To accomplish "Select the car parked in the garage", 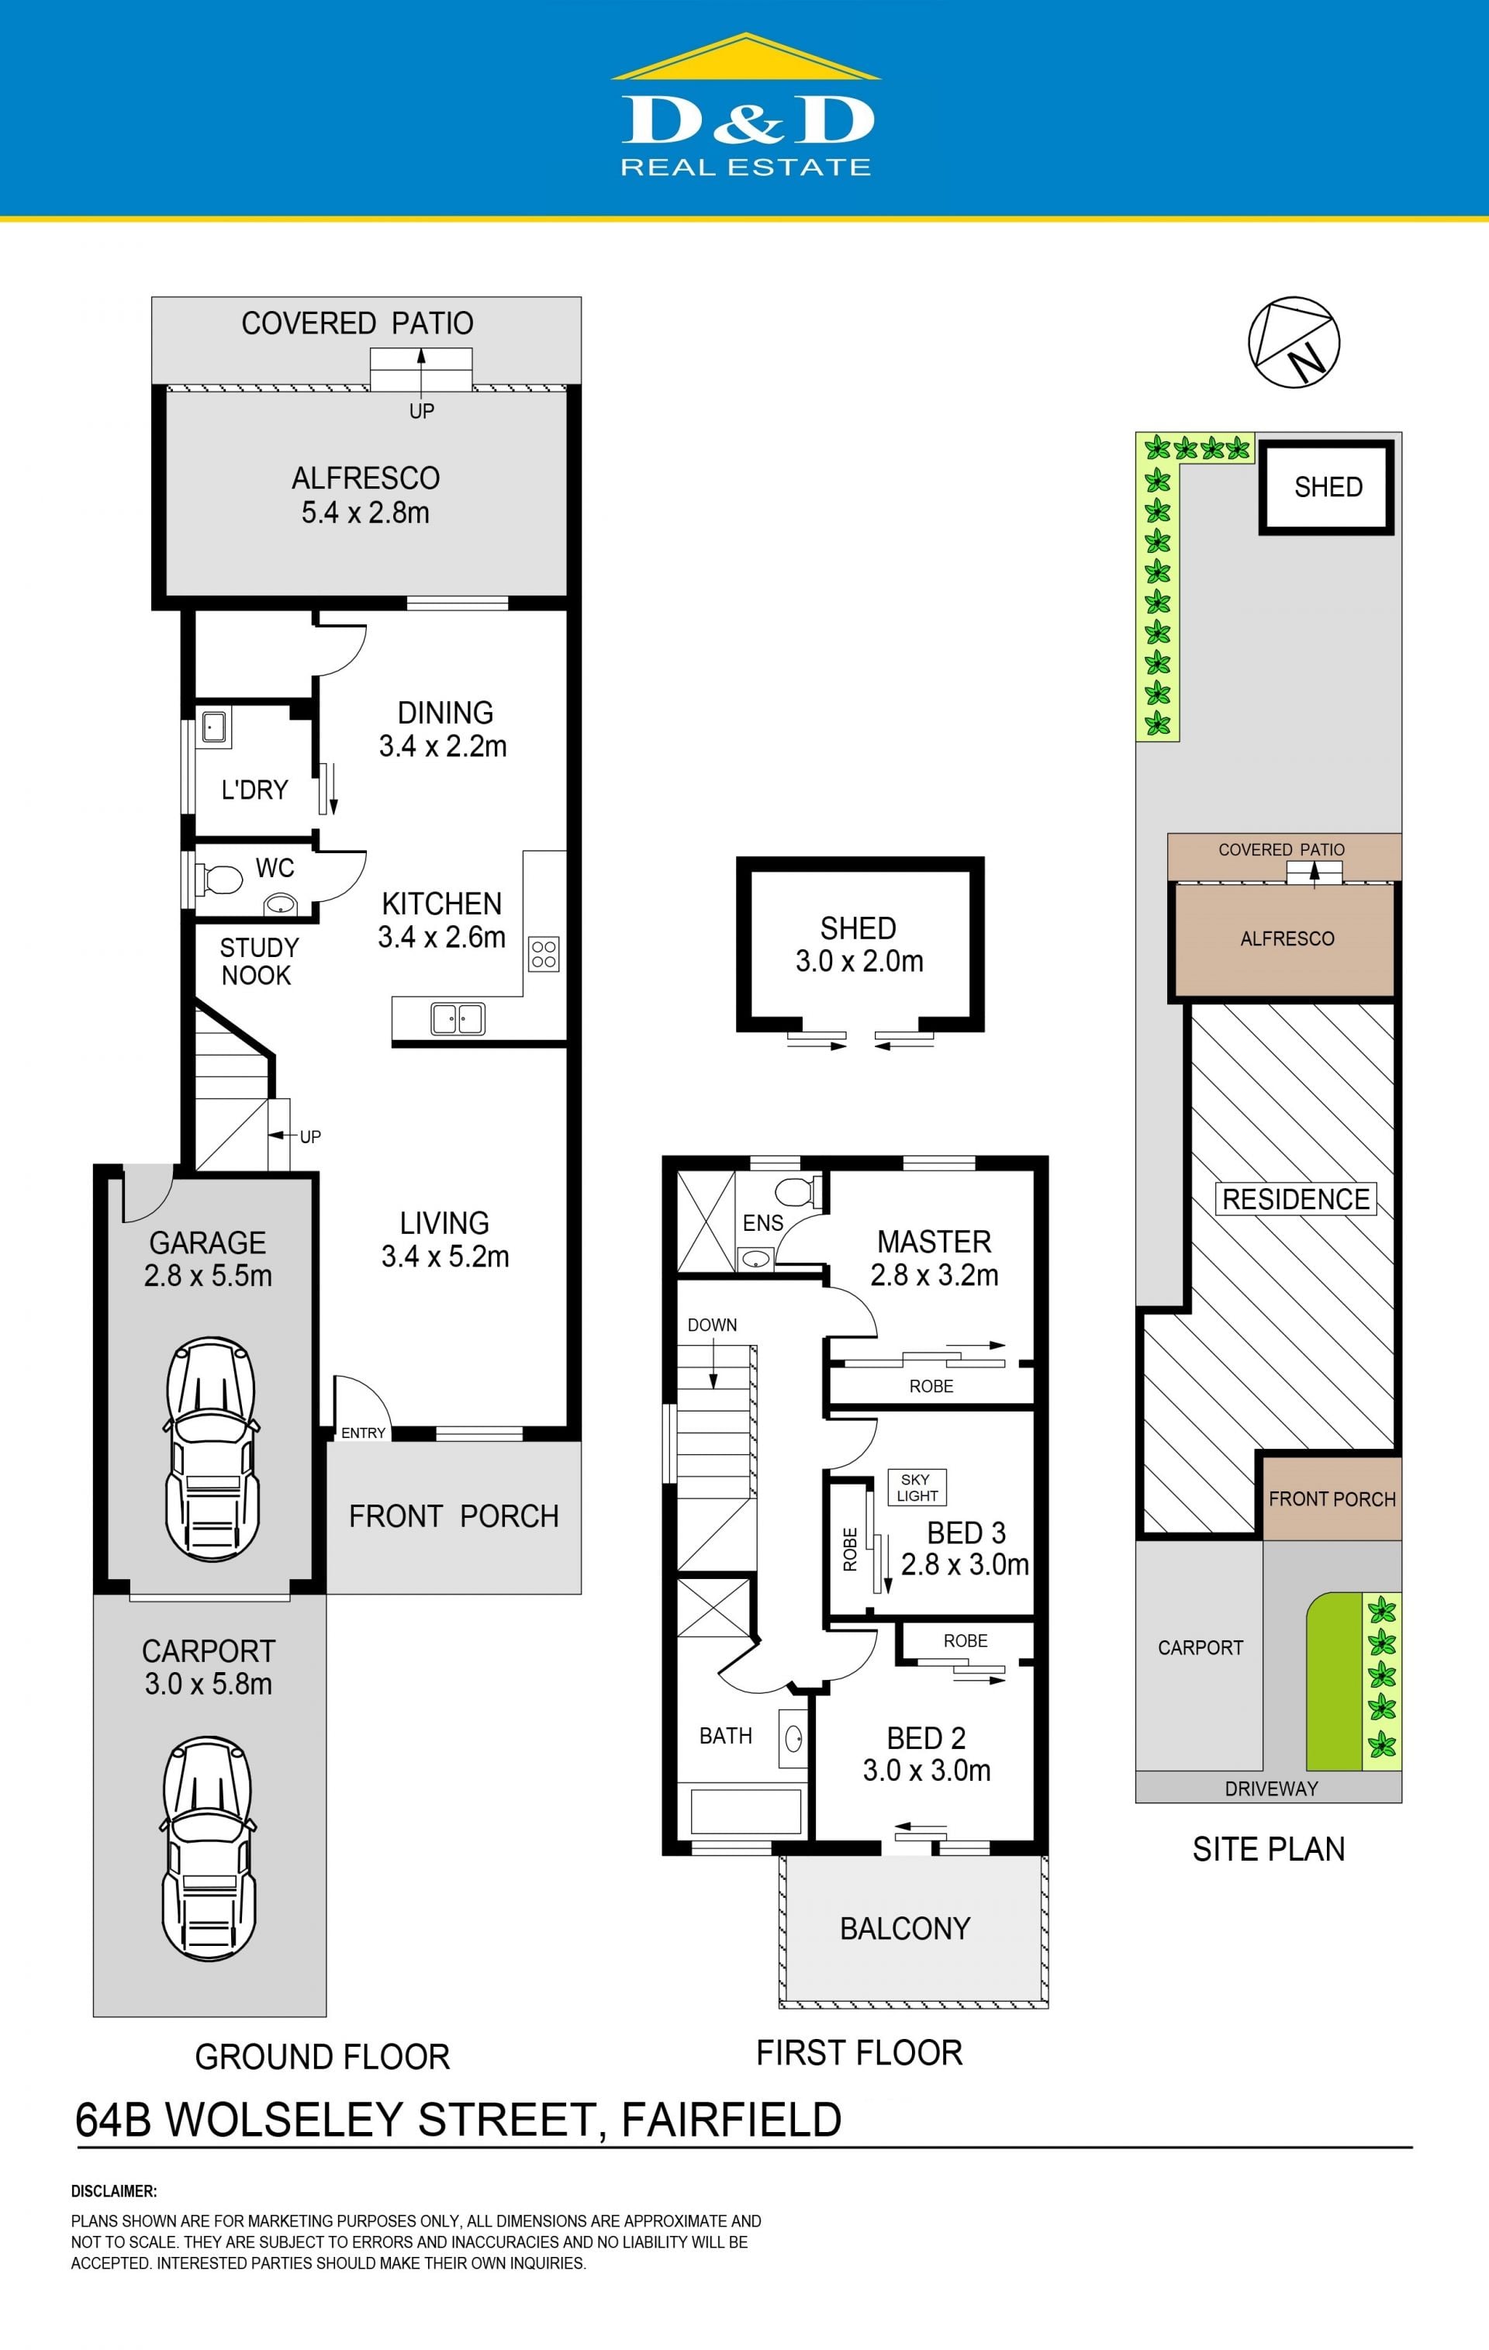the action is tap(211, 1450).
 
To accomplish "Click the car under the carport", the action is tap(208, 1849).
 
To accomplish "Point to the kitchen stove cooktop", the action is tap(544, 953).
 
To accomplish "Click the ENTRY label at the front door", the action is tap(363, 1432).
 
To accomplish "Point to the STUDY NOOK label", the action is tap(258, 961).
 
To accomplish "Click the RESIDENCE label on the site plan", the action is tap(1296, 1199).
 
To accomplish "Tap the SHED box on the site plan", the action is tap(1327, 487).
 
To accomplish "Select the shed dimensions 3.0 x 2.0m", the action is tap(859, 961).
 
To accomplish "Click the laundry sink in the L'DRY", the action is tap(215, 727).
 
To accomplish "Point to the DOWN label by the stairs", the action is tap(712, 1325).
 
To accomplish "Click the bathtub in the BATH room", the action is tap(745, 1810).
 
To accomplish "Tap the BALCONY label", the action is tap(906, 1928).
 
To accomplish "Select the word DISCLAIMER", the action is tap(114, 2191).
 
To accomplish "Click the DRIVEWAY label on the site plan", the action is tap(1271, 1788).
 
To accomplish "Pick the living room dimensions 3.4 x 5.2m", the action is tap(445, 1256).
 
